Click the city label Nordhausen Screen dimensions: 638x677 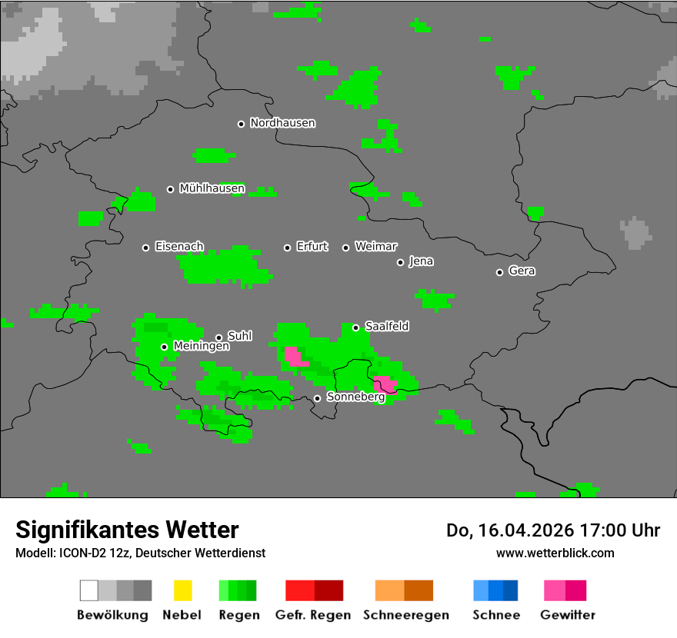pos(282,123)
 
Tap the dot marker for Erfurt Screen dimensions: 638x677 pos(287,248)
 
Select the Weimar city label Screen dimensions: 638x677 pos(375,247)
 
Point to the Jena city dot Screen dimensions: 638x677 pos(400,262)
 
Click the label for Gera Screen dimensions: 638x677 pos(522,271)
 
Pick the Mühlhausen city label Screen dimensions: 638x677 pos(212,188)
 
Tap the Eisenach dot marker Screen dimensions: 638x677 pos(145,248)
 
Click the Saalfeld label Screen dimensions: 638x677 pos(386,327)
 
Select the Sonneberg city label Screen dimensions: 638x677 pos(355,397)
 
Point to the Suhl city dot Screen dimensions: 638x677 pos(218,337)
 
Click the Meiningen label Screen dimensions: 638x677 pos(201,347)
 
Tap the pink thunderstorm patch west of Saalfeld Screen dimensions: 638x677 pos(295,357)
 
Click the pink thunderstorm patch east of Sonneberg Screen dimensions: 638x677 pos(385,384)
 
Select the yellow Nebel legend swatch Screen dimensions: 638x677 pos(182,590)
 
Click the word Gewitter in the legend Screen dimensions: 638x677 pos(568,615)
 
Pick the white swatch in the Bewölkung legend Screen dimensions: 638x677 pos(89,590)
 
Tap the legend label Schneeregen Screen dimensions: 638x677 pos(406,615)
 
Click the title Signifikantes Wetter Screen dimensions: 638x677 pos(127,530)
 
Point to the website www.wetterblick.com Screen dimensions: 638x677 pos(555,553)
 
